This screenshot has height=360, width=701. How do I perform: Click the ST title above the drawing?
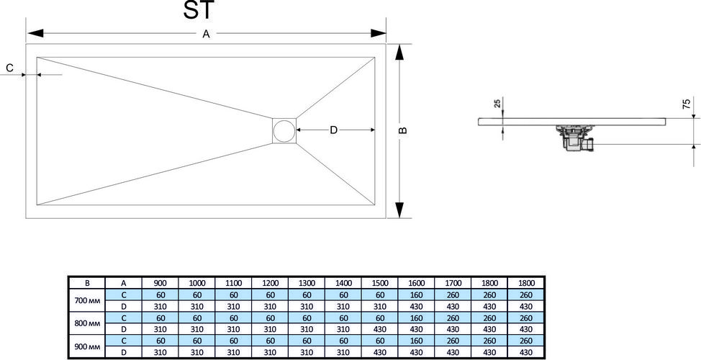(199, 10)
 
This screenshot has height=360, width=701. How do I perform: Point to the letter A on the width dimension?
(206, 34)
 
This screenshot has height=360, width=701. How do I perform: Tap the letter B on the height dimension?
(402, 130)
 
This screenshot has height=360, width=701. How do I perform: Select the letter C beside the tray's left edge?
(10, 68)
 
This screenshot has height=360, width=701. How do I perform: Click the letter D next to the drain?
(333, 130)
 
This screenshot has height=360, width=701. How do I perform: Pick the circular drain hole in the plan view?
(284, 131)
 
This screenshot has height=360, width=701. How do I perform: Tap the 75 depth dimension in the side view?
(687, 104)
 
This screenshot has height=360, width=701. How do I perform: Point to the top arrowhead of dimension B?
(399, 53)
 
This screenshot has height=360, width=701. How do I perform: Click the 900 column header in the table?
(160, 283)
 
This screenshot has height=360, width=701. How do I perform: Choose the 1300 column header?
(307, 283)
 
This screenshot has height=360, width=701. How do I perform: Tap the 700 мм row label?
(87, 300)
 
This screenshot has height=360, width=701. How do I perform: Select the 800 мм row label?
(87, 323)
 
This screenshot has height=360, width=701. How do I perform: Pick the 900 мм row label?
(87, 346)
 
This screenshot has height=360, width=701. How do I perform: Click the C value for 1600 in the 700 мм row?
(416, 294)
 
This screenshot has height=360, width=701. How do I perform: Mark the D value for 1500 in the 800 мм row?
(379, 329)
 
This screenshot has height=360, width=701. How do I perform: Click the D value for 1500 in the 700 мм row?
(379, 306)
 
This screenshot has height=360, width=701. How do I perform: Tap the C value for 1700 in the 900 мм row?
(453, 341)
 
